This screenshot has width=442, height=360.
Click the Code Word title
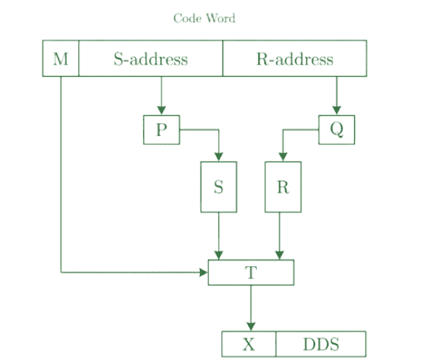tap(204, 18)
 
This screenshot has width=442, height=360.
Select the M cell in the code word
tap(61, 58)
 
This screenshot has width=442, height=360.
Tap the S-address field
tap(151, 58)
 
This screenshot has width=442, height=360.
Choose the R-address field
tap(294, 58)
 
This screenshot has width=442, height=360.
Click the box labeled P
tap(162, 130)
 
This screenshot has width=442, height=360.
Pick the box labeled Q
tap(336, 130)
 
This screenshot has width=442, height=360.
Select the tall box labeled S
tap(218, 187)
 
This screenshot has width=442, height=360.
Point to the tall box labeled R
tap(283, 187)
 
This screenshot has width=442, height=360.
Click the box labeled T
tap(251, 272)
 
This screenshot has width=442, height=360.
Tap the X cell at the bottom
tap(249, 345)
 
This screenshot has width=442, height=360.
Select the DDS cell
tap(321, 345)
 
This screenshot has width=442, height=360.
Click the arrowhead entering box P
tap(162, 111)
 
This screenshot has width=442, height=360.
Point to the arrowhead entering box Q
tap(336, 111)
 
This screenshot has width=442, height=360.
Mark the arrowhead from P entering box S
tap(218, 157)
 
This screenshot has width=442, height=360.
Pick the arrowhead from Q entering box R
tap(283, 157)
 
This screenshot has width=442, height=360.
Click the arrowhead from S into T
tap(218, 255)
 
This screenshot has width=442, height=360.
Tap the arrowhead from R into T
tap(280, 255)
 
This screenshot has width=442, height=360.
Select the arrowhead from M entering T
tap(204, 272)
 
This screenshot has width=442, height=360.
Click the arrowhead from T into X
tap(251, 327)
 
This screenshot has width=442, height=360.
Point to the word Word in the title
tap(221, 18)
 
